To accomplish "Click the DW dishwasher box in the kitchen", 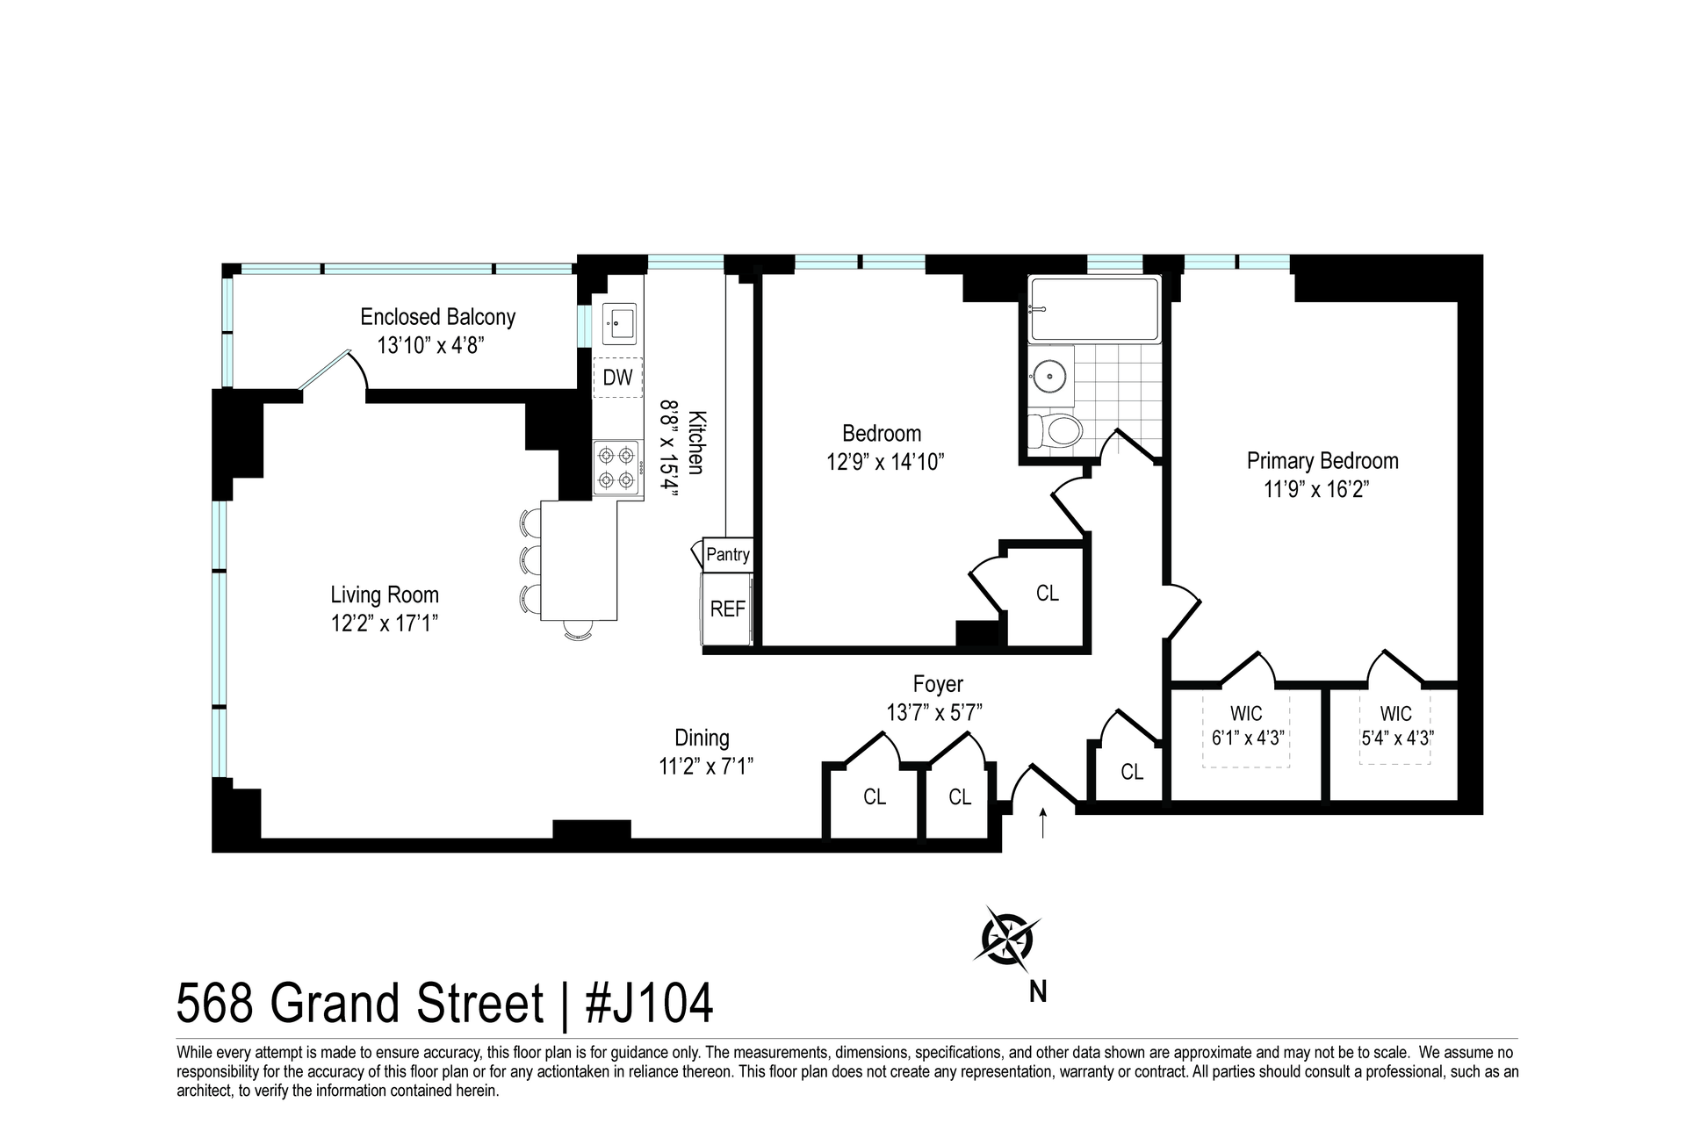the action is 618,378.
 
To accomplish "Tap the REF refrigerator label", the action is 727,609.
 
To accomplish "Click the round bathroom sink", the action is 1049,376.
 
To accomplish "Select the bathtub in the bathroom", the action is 1095,309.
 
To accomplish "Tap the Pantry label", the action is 728,554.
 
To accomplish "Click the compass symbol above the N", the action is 1007,940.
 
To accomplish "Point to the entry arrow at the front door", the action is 1042,824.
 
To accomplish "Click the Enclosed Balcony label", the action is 437,316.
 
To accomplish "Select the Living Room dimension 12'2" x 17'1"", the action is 384,623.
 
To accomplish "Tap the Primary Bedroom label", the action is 1322,460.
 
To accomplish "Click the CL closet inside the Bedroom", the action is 1047,593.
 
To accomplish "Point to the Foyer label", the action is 938,683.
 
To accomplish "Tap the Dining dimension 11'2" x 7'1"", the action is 707,766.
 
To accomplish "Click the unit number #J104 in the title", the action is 649,1004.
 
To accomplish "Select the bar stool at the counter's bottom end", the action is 577,629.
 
